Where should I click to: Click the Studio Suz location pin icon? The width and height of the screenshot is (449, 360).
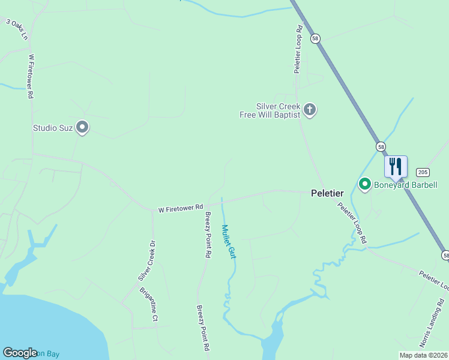click(83, 128)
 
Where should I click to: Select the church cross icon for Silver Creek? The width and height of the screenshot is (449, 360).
click(310, 109)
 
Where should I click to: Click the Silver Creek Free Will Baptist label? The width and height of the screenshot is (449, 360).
click(278, 110)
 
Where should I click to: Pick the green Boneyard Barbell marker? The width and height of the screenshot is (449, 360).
click(364, 184)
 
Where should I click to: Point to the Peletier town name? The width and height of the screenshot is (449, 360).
click(327, 193)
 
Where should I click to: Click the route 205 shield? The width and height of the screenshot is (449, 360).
click(422, 172)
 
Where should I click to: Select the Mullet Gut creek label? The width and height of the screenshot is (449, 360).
click(227, 241)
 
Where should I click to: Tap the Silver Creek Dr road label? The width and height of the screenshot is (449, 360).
click(146, 261)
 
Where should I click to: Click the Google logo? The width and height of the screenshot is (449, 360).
click(20, 353)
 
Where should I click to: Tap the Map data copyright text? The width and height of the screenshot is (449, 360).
click(423, 355)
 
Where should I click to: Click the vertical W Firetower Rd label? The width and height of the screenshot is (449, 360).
click(30, 77)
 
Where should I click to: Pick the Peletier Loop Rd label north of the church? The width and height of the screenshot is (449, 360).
click(297, 49)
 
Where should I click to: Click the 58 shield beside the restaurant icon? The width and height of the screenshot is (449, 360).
click(381, 146)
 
